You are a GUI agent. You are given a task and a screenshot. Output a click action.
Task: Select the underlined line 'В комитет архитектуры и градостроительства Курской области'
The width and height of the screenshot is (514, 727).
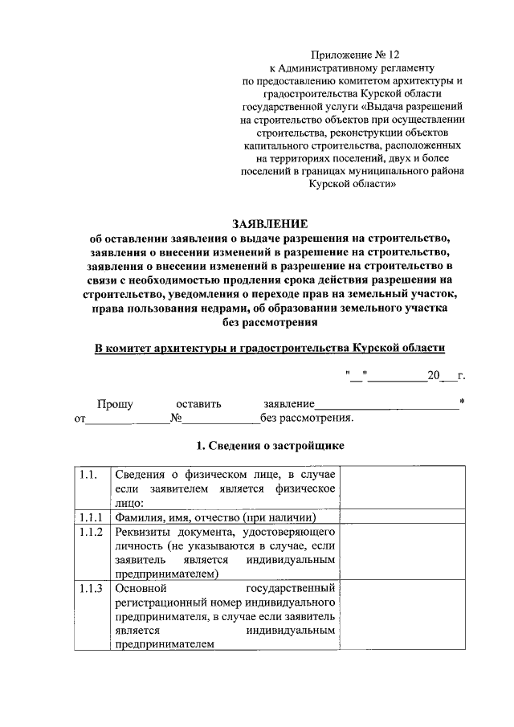(x=269, y=347)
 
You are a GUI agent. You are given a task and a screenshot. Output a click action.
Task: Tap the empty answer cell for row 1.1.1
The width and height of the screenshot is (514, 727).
(x=402, y=517)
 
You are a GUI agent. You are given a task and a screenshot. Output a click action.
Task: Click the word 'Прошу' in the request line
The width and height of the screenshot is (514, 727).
(x=115, y=403)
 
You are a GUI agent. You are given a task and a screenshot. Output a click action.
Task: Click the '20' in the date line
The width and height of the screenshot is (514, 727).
(x=434, y=374)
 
